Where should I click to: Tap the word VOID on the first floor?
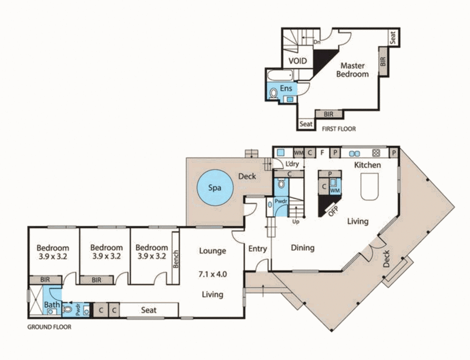click(300, 60)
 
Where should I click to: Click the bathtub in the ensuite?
click(279, 76)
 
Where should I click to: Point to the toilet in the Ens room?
click(273, 93)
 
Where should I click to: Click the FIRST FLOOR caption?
click(339, 128)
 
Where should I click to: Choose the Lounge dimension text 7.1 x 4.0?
click(212, 273)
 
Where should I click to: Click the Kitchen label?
click(368, 166)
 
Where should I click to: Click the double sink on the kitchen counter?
click(354, 153)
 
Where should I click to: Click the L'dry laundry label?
click(292, 166)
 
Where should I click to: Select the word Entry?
click(257, 249)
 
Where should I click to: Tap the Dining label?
click(303, 248)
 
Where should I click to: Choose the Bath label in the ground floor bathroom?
click(51, 305)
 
